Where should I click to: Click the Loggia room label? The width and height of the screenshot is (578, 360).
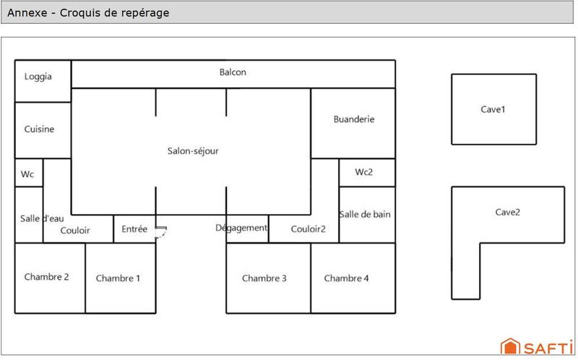[38, 77]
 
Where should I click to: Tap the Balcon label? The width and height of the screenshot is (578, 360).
[233, 72]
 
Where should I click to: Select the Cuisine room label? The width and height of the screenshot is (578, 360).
[39, 129]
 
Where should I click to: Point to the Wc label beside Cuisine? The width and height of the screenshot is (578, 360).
[27, 174]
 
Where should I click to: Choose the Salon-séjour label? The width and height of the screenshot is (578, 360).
[193, 151]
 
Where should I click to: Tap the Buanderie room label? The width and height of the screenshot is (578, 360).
[354, 119]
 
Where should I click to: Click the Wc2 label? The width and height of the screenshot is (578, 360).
[364, 172]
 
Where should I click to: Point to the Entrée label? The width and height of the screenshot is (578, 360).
[134, 229]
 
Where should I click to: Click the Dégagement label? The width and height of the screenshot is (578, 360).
[241, 228]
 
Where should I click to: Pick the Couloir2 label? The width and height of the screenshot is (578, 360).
[309, 229]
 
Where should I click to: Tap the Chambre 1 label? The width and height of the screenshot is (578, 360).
[118, 278]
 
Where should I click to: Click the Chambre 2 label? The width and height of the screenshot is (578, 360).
[47, 276]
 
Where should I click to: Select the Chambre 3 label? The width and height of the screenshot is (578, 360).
[264, 278]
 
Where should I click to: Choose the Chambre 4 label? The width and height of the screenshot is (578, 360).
[347, 278]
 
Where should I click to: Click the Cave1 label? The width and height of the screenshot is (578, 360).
[493, 110]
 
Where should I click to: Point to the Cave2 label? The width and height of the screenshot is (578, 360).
[507, 213]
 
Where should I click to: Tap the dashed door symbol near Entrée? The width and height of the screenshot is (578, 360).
[161, 231]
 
